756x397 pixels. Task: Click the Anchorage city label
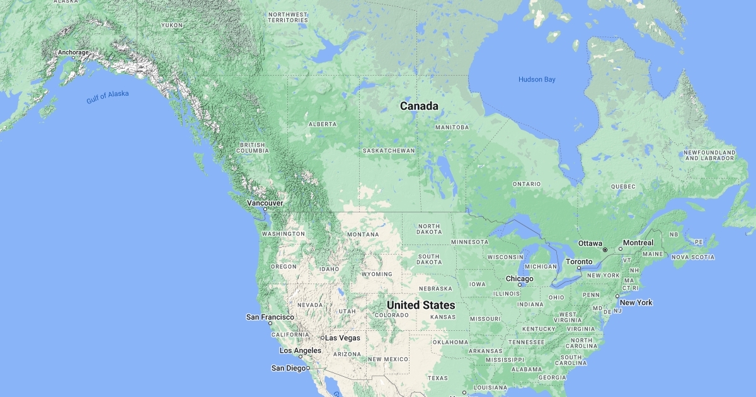pos(73,52)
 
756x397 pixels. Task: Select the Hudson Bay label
pos(537,79)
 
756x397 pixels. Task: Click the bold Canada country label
pos(419,106)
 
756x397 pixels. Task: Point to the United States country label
pos(421,305)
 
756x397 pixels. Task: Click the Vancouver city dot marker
pos(265,209)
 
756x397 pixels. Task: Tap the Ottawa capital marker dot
pos(605,250)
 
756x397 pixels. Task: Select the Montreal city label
pos(638,243)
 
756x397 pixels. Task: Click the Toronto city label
pos(578,262)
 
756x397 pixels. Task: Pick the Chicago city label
pos(519,279)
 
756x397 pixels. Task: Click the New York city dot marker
pos(617,296)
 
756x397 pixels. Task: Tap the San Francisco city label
pos(270,317)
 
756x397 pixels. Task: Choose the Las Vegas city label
pos(343,338)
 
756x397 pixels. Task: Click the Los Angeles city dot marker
pos(301,357)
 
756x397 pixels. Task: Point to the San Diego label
pos(288,368)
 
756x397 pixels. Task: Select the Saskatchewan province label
pos(389,151)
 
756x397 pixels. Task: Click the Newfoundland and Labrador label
pos(709,155)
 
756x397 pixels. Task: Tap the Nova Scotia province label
pos(693,257)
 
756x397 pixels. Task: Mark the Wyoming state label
pos(377,274)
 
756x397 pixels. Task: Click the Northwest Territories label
pos(288,17)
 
